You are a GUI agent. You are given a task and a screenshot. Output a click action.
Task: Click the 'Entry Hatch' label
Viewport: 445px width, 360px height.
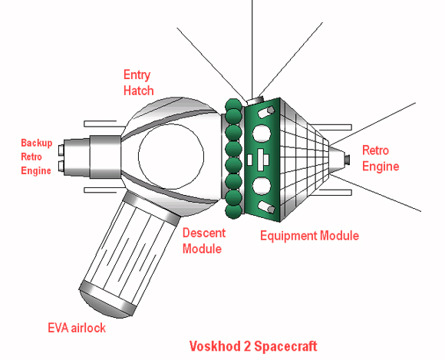[x=139, y=83]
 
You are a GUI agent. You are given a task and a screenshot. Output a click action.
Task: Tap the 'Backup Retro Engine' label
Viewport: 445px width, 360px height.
[x=37, y=157]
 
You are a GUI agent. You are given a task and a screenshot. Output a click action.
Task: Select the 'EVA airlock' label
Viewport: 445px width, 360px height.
[x=77, y=328]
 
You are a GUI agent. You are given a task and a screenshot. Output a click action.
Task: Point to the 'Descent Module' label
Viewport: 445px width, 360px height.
[x=204, y=241]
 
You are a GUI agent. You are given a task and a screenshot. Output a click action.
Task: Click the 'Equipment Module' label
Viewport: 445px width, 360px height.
[x=309, y=236]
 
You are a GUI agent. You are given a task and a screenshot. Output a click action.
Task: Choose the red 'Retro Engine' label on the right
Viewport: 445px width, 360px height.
[x=381, y=158]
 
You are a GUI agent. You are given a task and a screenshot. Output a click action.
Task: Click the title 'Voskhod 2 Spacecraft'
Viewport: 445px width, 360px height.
[x=253, y=346]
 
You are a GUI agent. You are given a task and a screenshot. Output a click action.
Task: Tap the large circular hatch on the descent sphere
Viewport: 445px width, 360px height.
[x=171, y=157]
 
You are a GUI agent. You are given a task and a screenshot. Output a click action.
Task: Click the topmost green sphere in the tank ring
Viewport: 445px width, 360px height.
[x=233, y=106]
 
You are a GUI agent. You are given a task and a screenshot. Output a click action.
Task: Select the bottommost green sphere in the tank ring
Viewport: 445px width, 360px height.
[x=234, y=211]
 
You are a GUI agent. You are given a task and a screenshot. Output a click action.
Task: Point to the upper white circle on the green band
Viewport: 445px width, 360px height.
[x=262, y=134]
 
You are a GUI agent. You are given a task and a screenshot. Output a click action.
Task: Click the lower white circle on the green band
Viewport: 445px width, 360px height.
[x=262, y=186]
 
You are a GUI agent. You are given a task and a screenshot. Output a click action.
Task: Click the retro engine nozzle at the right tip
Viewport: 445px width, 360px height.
[x=347, y=159]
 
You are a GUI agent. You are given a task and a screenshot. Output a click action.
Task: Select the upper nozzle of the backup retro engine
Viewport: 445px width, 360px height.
[x=61, y=150]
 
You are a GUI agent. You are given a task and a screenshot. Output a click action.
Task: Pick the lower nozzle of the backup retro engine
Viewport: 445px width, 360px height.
[x=61, y=166]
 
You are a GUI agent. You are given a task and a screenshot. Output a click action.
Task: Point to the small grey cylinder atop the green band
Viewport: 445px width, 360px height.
[x=255, y=101]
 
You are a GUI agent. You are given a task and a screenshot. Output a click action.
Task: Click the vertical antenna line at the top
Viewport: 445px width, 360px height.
[x=252, y=49]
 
